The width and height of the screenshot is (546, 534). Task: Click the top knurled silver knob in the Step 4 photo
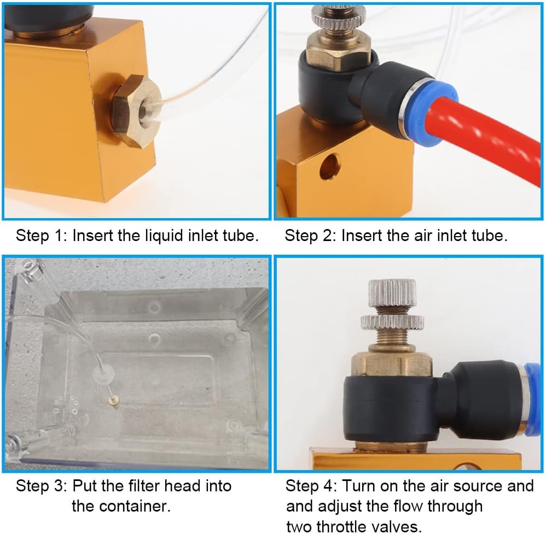(392, 292)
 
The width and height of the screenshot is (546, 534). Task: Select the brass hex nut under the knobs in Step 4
(391, 363)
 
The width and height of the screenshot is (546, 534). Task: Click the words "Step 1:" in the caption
(42, 236)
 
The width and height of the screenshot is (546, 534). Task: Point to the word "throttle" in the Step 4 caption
(344, 526)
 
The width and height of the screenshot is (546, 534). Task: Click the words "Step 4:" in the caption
(311, 485)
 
